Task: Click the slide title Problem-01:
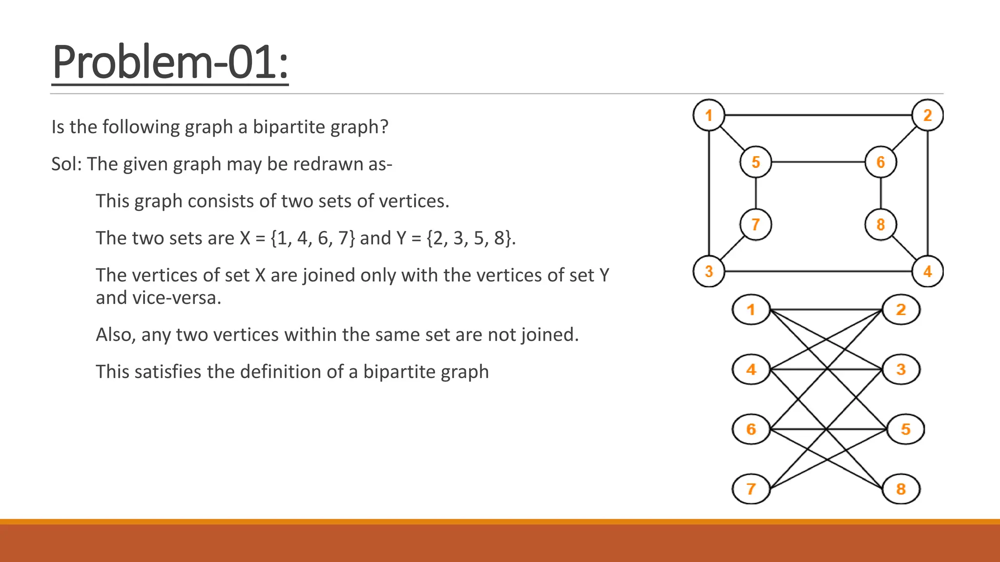point(170,62)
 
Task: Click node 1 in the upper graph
point(709,115)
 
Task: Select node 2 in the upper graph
point(928,115)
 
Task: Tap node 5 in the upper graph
point(756,162)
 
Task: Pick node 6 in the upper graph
point(881,162)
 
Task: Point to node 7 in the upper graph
point(756,224)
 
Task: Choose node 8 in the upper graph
point(881,224)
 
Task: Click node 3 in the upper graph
point(709,271)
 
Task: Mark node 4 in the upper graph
point(928,271)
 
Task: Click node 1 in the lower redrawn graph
point(751,309)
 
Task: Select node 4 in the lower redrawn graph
point(751,369)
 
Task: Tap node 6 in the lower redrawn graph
point(751,429)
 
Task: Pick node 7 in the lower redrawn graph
point(751,489)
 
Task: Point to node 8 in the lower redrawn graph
point(901,489)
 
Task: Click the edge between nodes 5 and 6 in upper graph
point(818,162)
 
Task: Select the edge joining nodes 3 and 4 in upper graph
point(818,271)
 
